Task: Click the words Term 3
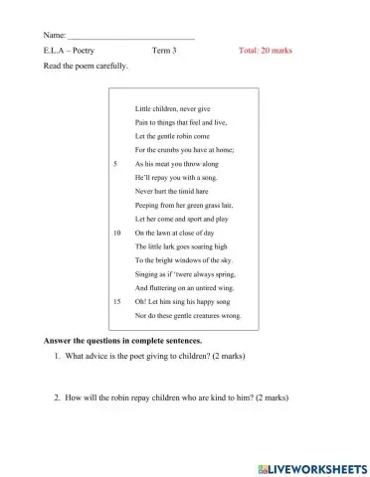(165, 50)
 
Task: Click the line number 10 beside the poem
(118, 232)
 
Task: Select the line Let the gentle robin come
(172, 134)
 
